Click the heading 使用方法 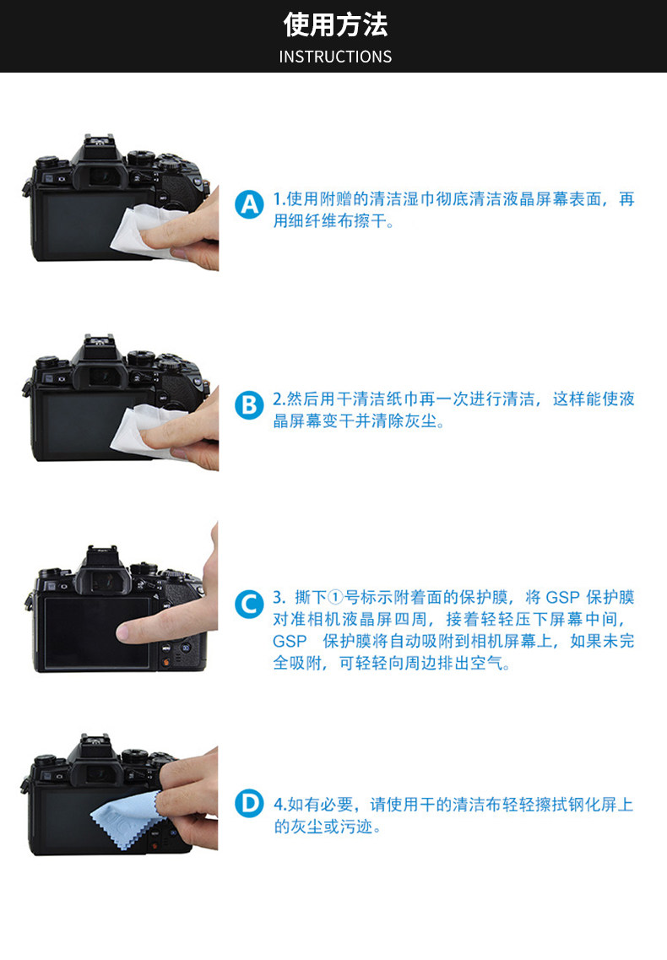pos(335,24)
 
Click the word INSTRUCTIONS pos(335,57)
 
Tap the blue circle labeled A pos(249,204)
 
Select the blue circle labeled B pos(249,404)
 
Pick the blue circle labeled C pos(249,605)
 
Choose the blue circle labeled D pos(249,803)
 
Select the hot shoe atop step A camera pos(98,142)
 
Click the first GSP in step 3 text pos(562,598)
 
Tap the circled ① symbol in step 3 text pos(336,598)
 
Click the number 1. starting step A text pos(279,199)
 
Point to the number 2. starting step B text pos(279,399)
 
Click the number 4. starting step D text pos(280,805)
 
